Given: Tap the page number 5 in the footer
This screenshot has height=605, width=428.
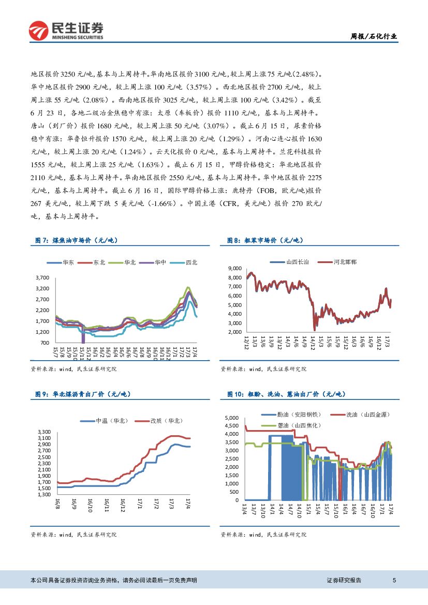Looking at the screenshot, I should pyautogui.click(x=394, y=580).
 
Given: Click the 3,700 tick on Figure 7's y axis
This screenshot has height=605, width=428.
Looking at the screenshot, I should pyautogui.click(x=42, y=278).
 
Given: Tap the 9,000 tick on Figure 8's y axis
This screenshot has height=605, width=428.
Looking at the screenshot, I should pyautogui.click(x=235, y=269).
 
